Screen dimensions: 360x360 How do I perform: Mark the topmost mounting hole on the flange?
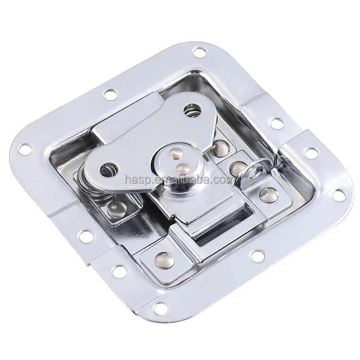click(x=198, y=51)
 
